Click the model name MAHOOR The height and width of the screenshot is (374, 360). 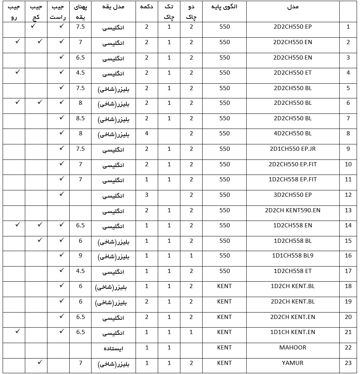click(x=293, y=347)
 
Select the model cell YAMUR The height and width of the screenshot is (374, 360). click(x=293, y=363)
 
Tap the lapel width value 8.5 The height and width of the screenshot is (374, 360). click(x=80, y=118)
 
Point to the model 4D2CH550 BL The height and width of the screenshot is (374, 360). click(x=293, y=133)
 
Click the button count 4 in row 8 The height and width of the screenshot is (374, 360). click(x=147, y=133)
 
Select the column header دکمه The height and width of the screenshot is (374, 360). click(x=147, y=7)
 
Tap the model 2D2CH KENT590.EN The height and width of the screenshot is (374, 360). click(x=293, y=210)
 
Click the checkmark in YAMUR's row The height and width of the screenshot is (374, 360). click(x=40, y=362)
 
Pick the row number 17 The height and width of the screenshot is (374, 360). click(x=348, y=271)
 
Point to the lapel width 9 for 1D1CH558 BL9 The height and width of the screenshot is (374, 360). click(x=80, y=255)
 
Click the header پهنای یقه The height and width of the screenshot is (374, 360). click(x=80, y=12)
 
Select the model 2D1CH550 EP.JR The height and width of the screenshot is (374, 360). click(x=293, y=149)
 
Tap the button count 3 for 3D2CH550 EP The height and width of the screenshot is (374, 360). click(x=147, y=195)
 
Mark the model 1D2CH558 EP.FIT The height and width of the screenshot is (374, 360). click(x=293, y=179)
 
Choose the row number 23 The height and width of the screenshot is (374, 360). click(x=348, y=363)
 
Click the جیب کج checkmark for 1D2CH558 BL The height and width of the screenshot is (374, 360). click(x=40, y=239)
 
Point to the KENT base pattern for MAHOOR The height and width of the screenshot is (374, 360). click(x=224, y=347)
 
